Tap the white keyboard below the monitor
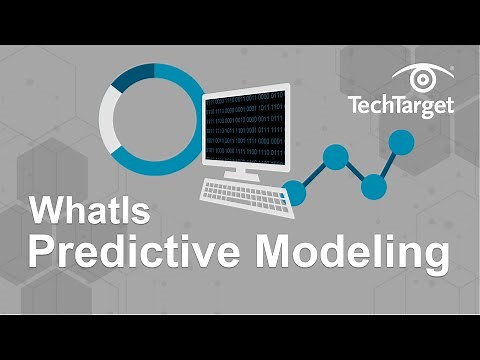[x=246, y=192]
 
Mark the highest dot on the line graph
[x=400, y=143]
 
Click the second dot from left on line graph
[x=336, y=157]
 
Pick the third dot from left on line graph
[x=373, y=185]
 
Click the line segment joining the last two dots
[x=387, y=164]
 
